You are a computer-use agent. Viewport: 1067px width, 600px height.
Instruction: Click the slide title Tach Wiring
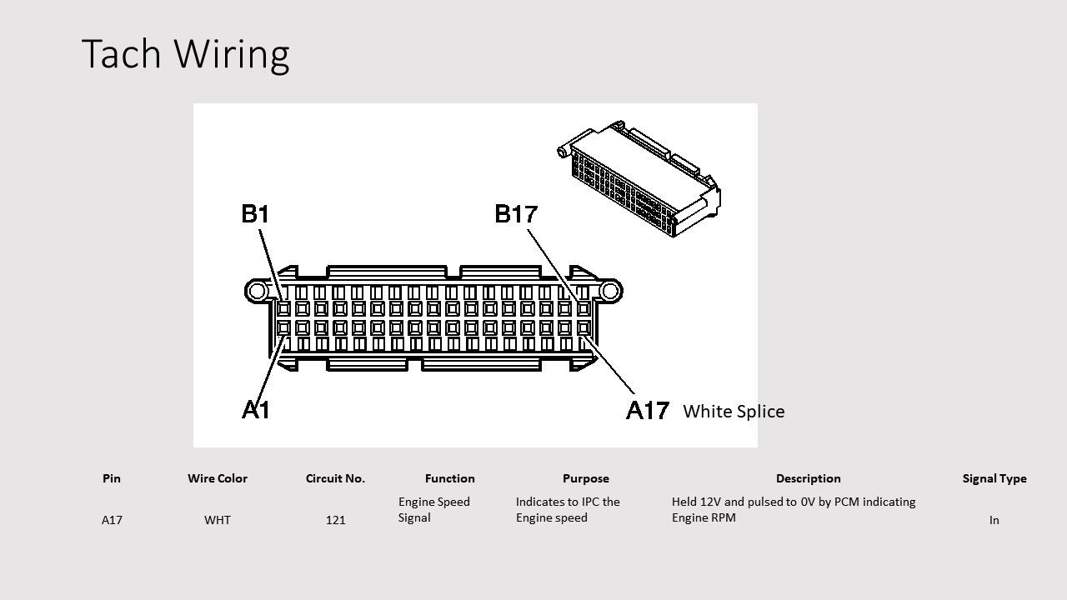[x=185, y=54]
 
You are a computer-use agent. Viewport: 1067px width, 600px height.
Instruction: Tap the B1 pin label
[x=255, y=214]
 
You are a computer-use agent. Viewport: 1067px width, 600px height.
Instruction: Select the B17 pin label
[x=516, y=214]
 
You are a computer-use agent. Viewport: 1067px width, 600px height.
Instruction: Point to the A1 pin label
[x=256, y=409]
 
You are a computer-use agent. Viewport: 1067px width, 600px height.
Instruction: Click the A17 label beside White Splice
[x=648, y=410]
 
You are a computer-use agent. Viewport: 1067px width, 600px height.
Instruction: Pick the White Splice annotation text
[x=734, y=412]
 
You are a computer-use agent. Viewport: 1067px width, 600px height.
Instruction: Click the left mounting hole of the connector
[x=257, y=291]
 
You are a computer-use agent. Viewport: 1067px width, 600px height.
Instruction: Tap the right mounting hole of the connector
[x=610, y=291]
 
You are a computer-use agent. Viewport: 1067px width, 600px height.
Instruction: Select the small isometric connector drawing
[x=639, y=179]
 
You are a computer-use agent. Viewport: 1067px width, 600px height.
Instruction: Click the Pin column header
[x=112, y=478]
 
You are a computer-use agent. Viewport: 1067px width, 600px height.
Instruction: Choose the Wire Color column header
[x=218, y=478]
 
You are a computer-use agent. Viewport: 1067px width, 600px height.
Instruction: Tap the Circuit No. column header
[x=335, y=478]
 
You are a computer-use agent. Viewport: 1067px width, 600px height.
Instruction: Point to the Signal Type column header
[x=994, y=479]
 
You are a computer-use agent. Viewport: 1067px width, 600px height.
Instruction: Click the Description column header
[x=808, y=479]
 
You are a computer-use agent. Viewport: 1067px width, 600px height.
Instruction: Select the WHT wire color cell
[x=218, y=520]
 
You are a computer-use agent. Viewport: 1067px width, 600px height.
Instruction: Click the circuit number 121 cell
[x=335, y=520]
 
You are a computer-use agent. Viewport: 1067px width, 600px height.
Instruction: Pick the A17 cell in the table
[x=112, y=520]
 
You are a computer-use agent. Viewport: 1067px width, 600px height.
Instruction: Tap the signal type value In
[x=994, y=520]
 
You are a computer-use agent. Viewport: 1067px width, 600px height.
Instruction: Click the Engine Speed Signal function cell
[x=434, y=509]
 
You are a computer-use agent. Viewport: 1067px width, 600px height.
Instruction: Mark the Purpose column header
[x=585, y=479]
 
